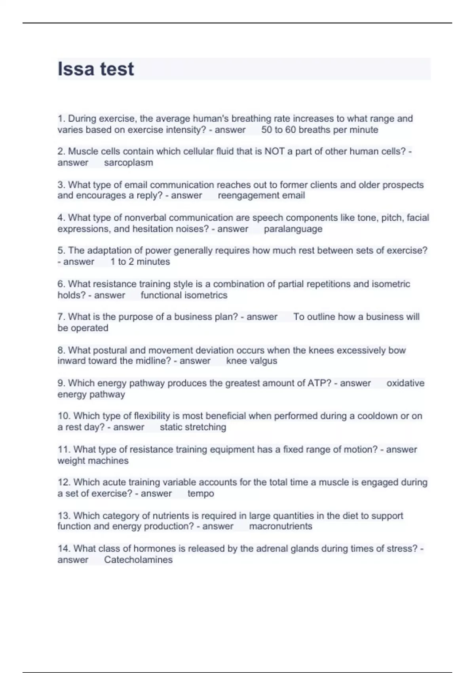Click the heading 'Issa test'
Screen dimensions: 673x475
click(x=96, y=69)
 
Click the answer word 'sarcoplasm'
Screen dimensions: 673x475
click(x=128, y=163)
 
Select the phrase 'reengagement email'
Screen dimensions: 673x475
click(x=261, y=196)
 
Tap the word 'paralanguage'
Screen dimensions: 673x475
click(x=293, y=229)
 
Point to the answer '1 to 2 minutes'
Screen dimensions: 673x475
click(x=140, y=262)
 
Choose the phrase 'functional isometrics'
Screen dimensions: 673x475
click(x=184, y=295)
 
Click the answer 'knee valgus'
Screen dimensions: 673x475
click(x=251, y=361)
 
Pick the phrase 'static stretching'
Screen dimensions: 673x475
click(x=193, y=427)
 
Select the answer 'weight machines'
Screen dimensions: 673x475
click(x=93, y=461)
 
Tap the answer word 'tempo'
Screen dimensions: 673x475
click(x=201, y=494)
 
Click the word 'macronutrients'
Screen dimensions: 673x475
click(x=281, y=527)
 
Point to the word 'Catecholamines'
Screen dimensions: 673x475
click(x=138, y=560)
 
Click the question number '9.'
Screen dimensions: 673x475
click(x=61, y=383)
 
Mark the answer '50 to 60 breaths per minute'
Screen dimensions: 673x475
click(x=319, y=130)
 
